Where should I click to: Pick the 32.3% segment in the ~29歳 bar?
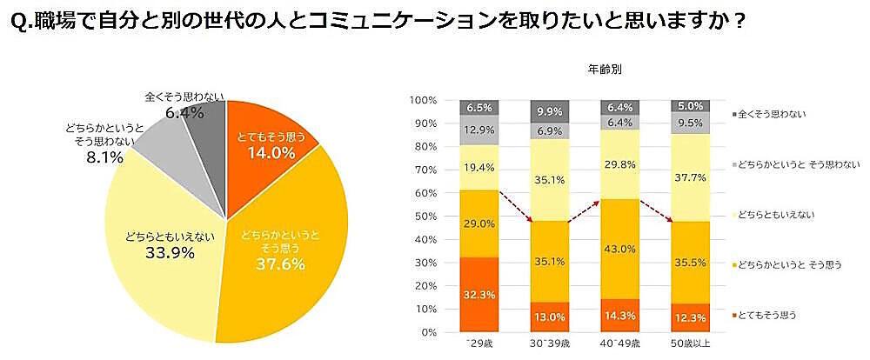tap(480, 295)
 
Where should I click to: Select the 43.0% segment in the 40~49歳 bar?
tap(621, 249)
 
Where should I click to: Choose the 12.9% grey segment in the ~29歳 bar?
tap(480, 130)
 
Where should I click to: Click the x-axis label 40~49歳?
tap(621, 347)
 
